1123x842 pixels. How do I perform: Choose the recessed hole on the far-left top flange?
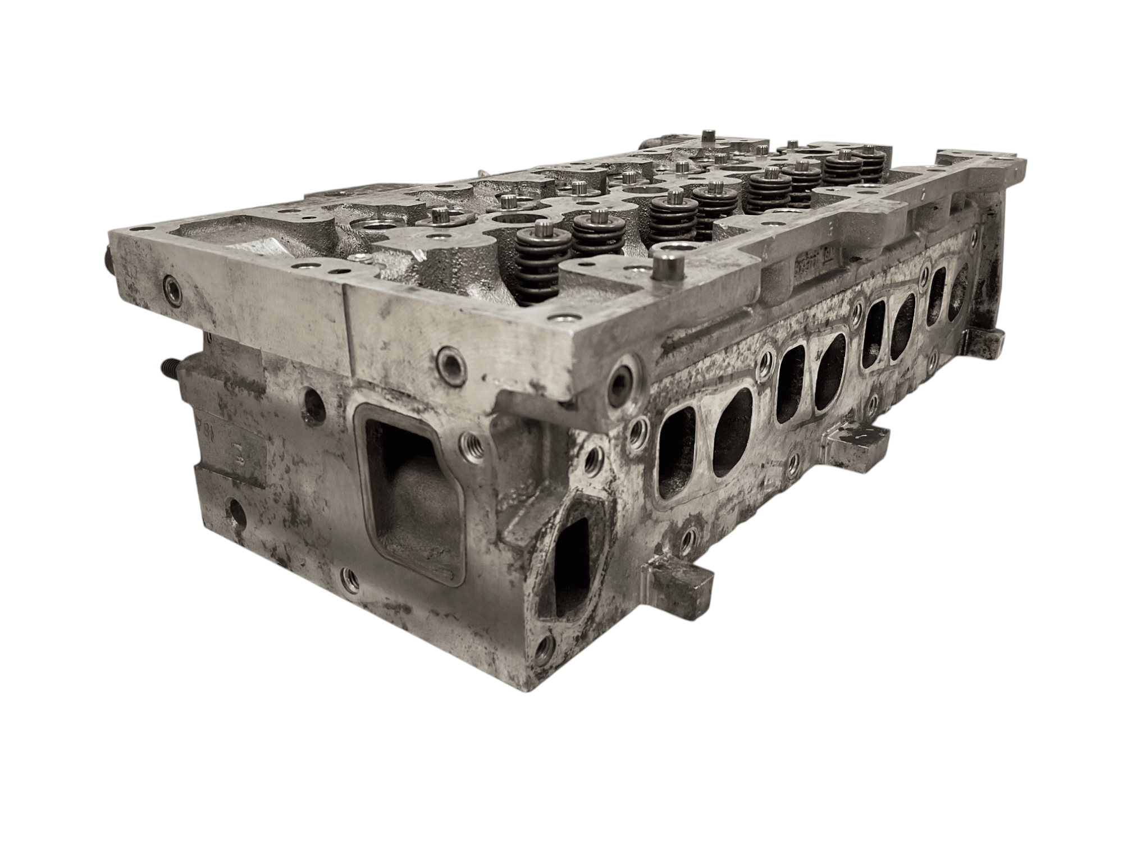click(171, 290)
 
